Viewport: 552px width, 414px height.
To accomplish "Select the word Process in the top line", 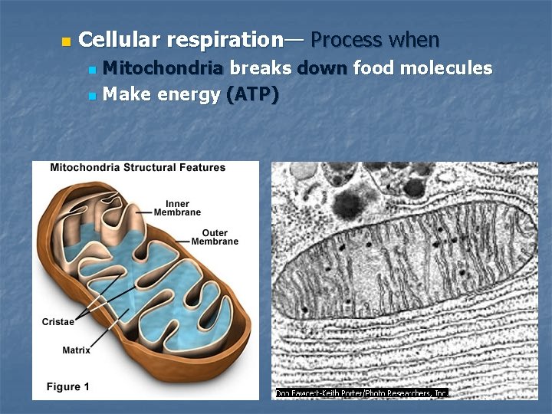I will coord(347,39).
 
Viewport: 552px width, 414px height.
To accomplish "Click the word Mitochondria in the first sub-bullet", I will coord(163,68).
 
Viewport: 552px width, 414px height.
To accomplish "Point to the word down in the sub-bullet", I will coord(322,68).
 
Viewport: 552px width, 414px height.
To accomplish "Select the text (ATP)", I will coord(253,96).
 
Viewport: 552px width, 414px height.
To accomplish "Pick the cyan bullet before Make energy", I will coord(92,97).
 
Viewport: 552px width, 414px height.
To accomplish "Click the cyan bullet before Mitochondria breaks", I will coord(92,70).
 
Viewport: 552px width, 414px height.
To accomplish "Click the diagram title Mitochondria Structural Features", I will coord(138,167).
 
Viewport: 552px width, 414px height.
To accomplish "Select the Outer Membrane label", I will coord(215,237).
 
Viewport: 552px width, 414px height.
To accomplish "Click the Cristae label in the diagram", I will coord(58,322).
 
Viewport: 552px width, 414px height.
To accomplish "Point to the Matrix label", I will coord(76,350).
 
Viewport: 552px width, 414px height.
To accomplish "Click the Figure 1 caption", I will coord(67,386).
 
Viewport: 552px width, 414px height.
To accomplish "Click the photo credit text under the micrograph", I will coord(361,393).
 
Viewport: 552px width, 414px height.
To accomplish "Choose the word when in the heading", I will coord(414,39).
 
